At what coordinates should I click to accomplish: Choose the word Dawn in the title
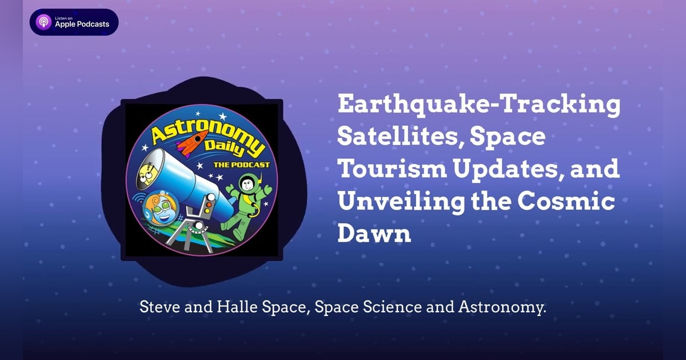point(374,235)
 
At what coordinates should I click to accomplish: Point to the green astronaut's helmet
point(248,185)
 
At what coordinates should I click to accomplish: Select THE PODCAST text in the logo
point(241,165)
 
